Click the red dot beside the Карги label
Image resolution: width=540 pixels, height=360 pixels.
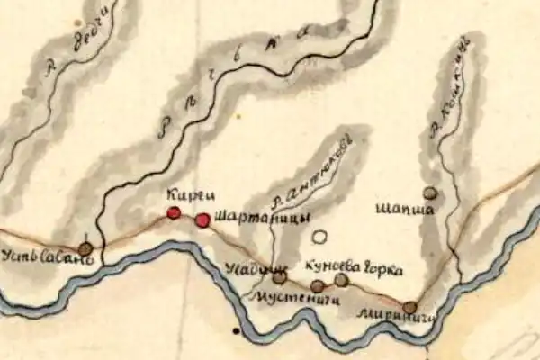[x=174, y=213]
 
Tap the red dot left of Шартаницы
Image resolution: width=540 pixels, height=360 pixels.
[x=202, y=220]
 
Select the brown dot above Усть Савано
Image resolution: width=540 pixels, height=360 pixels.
[x=85, y=247]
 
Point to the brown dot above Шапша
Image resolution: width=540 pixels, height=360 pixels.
[x=430, y=193]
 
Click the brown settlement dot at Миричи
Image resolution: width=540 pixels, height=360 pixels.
[x=409, y=307]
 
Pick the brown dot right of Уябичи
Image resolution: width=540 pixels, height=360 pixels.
[x=279, y=277]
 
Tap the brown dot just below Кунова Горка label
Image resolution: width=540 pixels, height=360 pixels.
[x=341, y=279]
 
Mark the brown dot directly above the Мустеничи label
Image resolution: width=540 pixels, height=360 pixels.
[x=317, y=286]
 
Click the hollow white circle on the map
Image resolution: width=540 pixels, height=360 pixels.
[x=318, y=238]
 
